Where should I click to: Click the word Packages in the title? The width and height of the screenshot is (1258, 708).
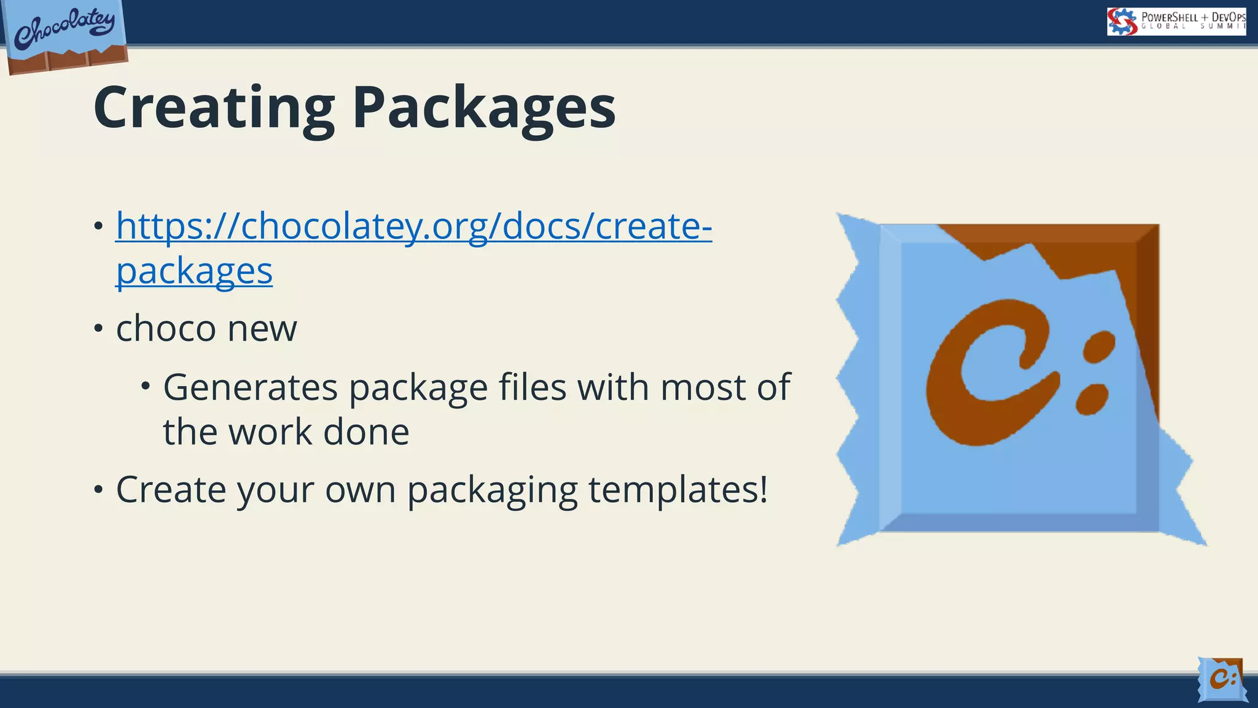coord(483,108)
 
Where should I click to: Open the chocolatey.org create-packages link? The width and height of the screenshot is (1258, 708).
coord(413,226)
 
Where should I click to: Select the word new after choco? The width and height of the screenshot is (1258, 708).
coord(262,328)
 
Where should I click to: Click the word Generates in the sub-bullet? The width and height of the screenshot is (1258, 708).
coord(250,387)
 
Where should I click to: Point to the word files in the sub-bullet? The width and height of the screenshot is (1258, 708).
coord(532,387)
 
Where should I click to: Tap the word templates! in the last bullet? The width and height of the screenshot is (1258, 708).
coord(678,490)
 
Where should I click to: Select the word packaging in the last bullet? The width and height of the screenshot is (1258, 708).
coord(492,490)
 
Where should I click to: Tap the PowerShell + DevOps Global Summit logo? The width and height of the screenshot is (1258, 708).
coord(1176,22)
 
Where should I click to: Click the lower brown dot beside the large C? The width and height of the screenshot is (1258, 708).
coord(1092,398)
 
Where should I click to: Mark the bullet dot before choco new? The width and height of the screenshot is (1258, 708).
coord(98,328)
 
